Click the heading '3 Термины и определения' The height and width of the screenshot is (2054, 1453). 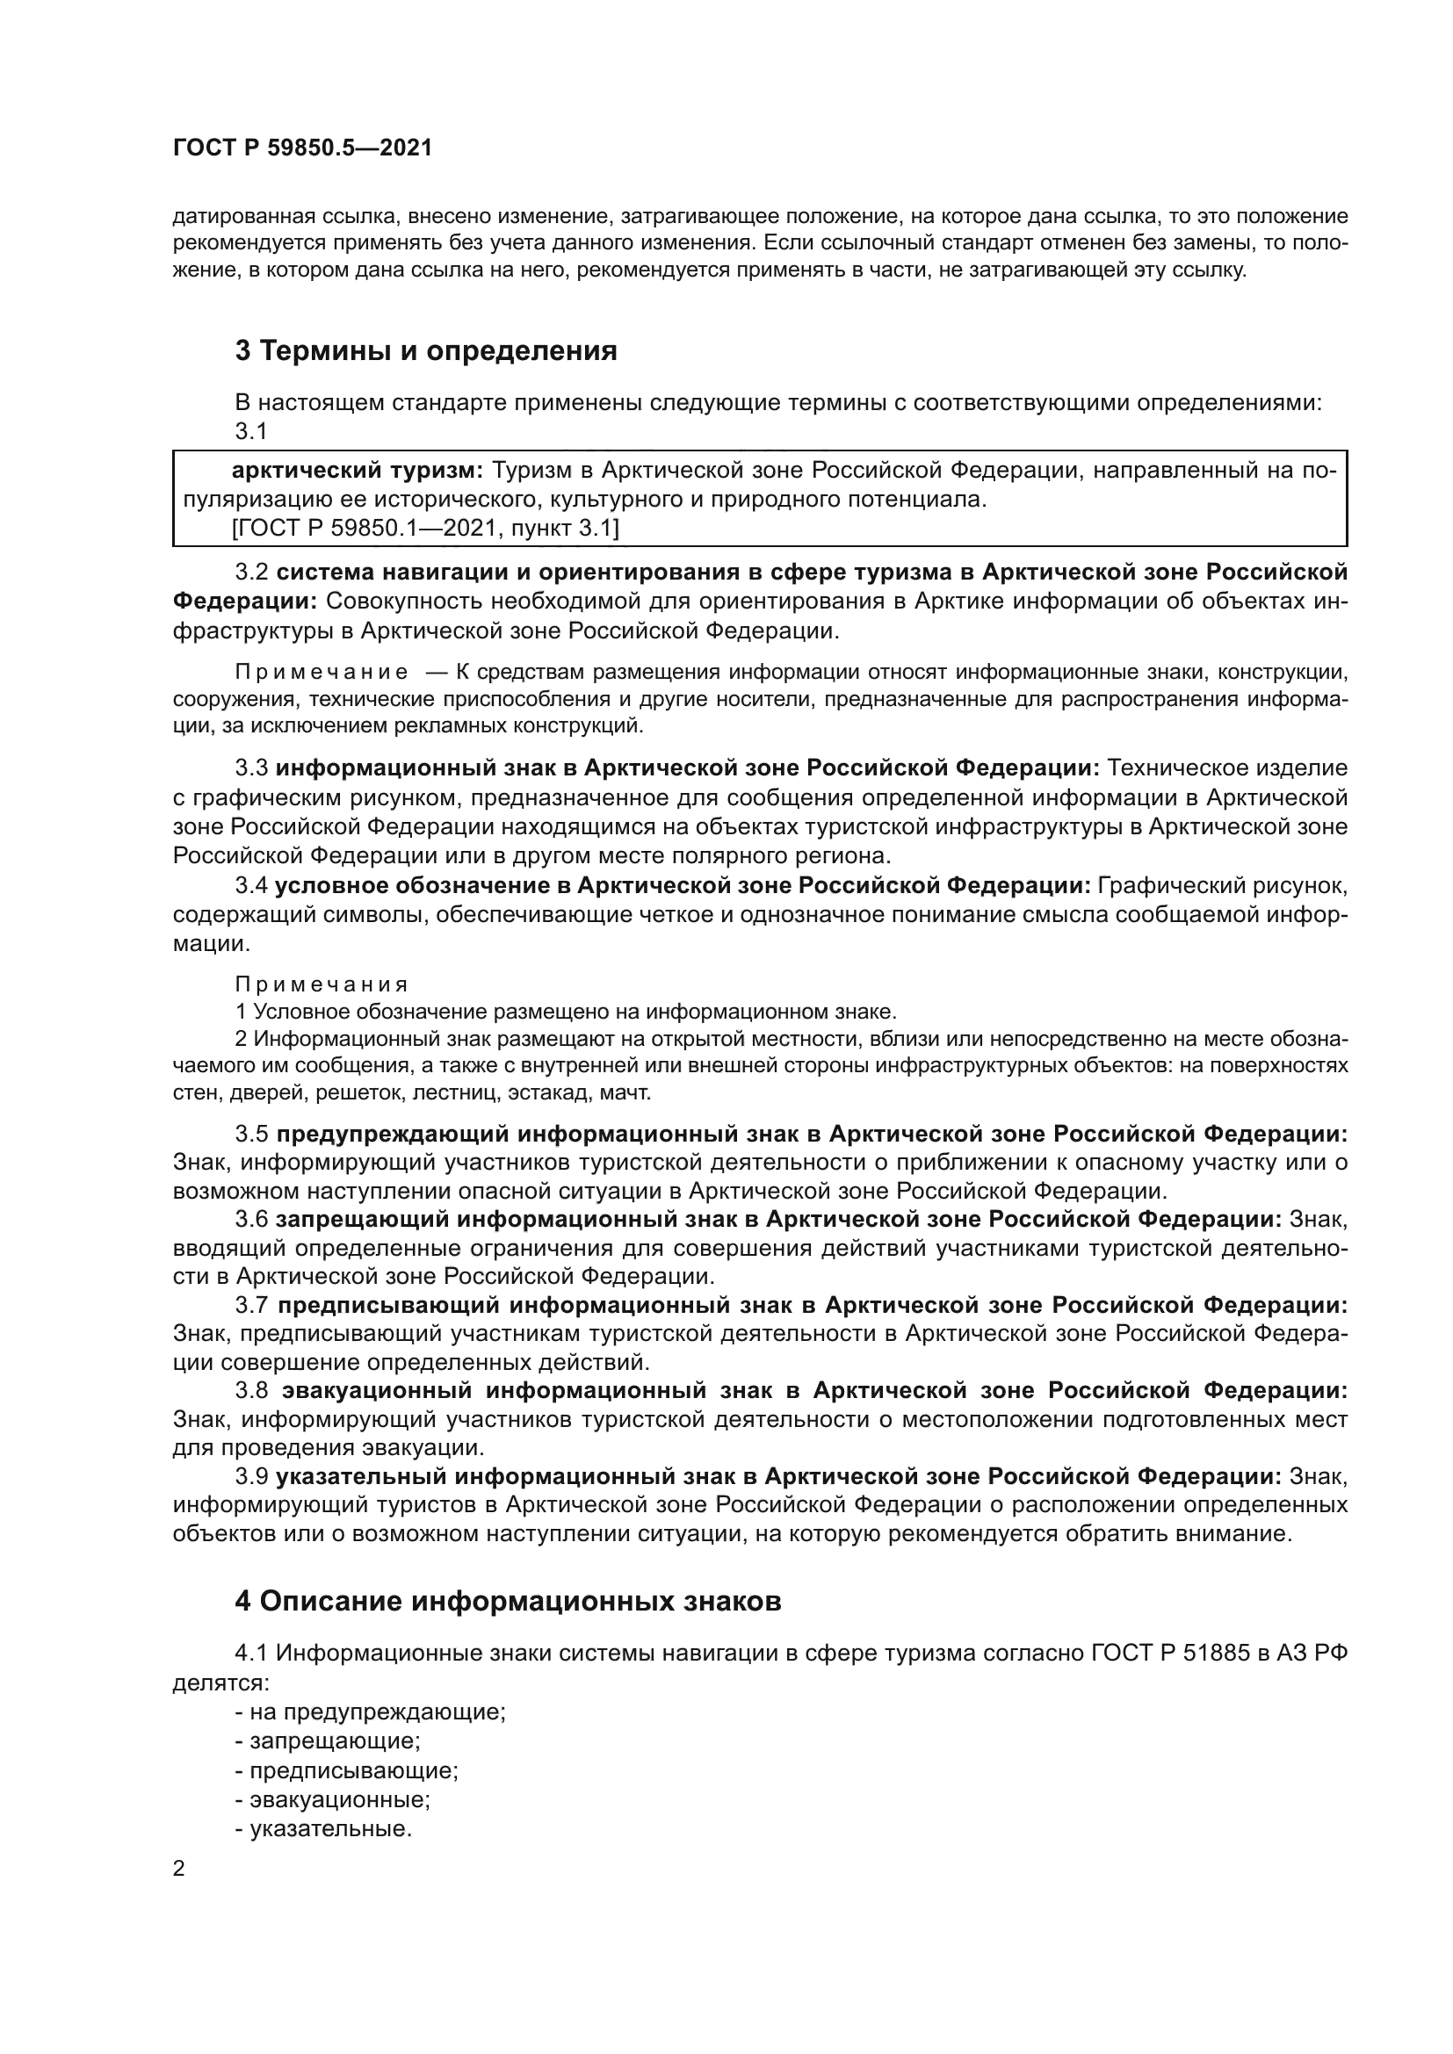pos(426,350)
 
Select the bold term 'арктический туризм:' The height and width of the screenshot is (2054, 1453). pos(357,471)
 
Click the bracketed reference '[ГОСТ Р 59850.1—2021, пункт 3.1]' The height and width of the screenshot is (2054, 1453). pos(425,529)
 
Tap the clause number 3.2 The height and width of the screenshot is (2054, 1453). pos(251,572)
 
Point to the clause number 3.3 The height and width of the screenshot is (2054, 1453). pos(251,768)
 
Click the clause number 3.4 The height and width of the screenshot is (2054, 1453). pos(251,886)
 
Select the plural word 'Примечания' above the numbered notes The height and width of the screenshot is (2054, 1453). pos(322,984)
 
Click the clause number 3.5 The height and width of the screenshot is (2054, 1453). pos(251,1134)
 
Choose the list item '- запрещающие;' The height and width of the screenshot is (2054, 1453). pos(328,1740)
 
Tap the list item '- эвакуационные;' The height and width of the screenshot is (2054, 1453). pos(333,1799)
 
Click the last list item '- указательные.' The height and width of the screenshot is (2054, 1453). pos(323,1828)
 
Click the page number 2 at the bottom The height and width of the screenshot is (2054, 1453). pos(179,1869)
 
